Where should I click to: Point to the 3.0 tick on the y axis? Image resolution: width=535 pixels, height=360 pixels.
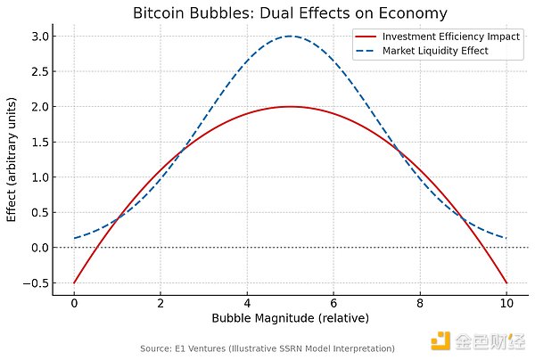39,37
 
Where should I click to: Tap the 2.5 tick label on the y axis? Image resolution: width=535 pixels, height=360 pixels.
39,71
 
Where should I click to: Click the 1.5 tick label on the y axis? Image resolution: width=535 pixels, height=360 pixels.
39,142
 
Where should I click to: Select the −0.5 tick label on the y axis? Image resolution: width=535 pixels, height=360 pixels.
37,282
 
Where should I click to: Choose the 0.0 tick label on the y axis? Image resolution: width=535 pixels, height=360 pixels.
39,248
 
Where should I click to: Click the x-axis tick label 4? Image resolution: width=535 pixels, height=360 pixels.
248,302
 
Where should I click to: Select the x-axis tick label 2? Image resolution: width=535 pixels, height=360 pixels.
161,302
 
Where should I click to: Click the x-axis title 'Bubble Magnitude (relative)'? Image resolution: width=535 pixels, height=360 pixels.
291,318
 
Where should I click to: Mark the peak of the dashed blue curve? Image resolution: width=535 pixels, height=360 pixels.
291,37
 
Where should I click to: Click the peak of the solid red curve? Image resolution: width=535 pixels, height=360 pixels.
291,107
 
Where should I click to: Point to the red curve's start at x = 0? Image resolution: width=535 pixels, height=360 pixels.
75,282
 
